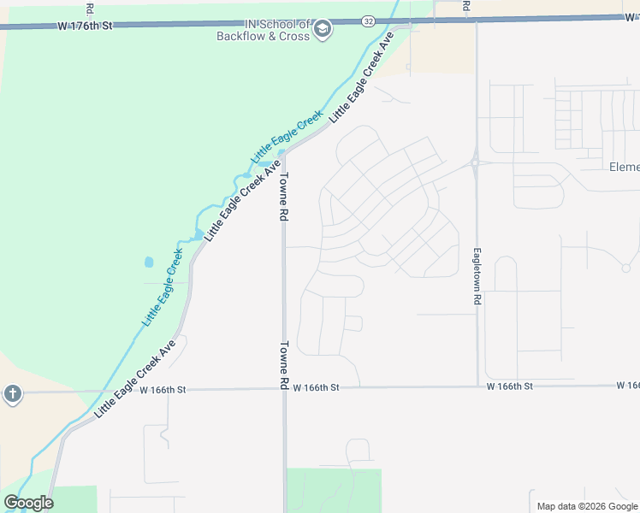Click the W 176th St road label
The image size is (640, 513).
(x=86, y=27)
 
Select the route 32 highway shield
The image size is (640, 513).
(x=368, y=21)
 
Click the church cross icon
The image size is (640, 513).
(x=12, y=393)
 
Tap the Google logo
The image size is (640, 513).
(x=28, y=503)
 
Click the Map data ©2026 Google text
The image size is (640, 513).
(x=588, y=506)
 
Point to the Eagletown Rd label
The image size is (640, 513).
(x=477, y=278)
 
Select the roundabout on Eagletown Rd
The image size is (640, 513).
(x=475, y=163)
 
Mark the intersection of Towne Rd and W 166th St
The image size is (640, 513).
(x=285, y=388)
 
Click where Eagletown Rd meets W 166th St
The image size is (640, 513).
(x=477, y=386)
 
